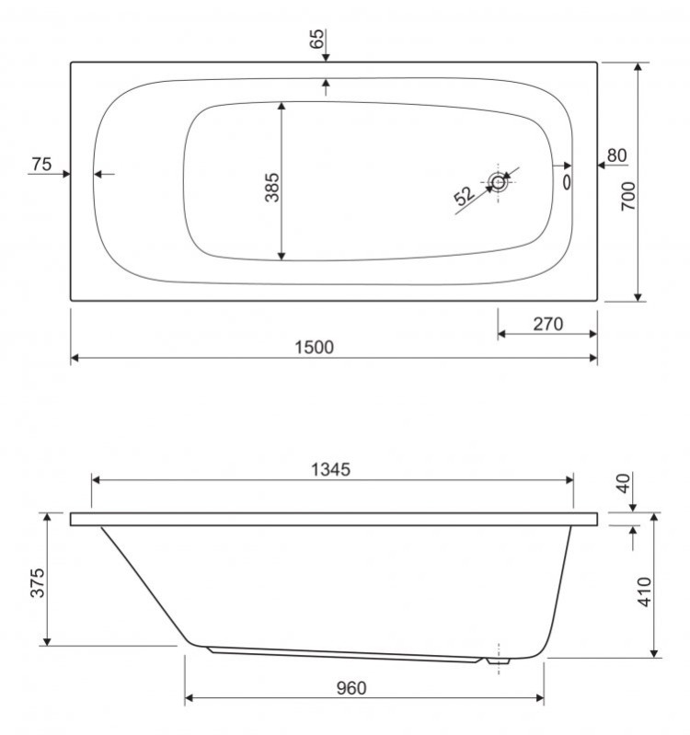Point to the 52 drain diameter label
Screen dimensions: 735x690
(465, 194)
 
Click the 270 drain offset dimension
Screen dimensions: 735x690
(547, 325)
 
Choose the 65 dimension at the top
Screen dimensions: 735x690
(316, 40)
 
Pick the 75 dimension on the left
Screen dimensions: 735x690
(41, 164)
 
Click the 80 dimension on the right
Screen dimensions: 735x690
(616, 155)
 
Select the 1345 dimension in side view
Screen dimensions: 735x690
(330, 469)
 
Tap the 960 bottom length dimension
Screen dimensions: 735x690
(350, 688)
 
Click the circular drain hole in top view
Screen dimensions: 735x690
(499, 182)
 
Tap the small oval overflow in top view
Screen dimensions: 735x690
(566, 182)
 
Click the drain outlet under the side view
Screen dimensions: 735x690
(499, 661)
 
